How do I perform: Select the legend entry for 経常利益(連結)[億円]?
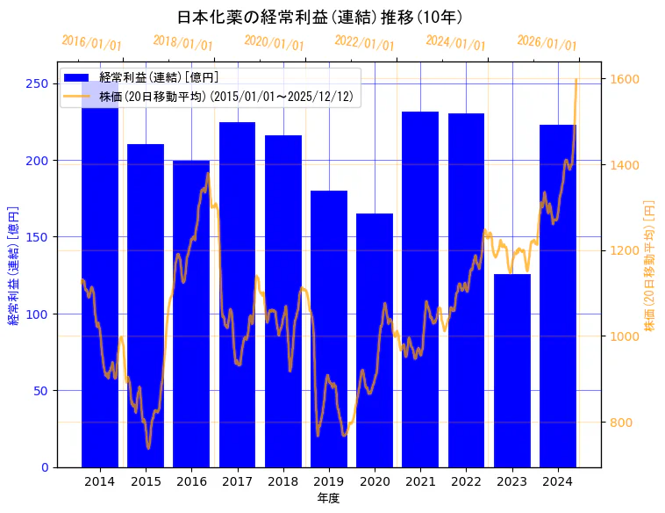pyautogui.click(x=159, y=78)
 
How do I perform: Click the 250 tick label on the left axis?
pyautogui.click(x=37, y=83)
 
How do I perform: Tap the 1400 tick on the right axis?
pyautogui.click(x=625, y=165)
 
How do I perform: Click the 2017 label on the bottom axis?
pyautogui.click(x=237, y=480)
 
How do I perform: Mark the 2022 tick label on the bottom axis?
pyautogui.click(x=466, y=480)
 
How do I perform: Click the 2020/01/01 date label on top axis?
pyautogui.click(x=274, y=42)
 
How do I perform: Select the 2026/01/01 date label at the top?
pyautogui.click(x=547, y=43)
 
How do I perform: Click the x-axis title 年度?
pyautogui.click(x=328, y=498)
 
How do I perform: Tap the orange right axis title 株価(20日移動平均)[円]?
pyautogui.click(x=650, y=264)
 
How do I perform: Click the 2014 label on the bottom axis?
pyautogui.click(x=100, y=480)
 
